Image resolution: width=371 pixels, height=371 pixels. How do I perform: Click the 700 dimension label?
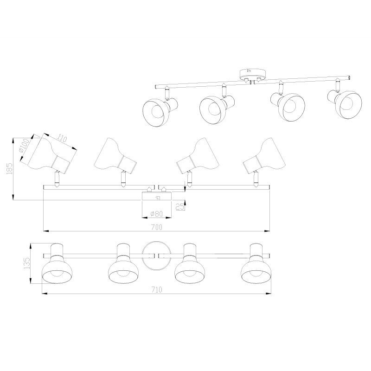(x=157, y=227)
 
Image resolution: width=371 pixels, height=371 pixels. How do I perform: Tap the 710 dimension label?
(x=157, y=289)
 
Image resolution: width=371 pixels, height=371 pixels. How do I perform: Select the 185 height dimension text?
(x=9, y=169)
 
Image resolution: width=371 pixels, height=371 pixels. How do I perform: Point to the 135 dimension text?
(x=27, y=263)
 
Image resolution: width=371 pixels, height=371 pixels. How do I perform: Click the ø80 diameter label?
(x=157, y=214)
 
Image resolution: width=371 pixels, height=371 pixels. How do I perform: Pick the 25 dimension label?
(x=179, y=206)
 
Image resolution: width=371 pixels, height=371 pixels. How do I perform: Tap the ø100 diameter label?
(x=24, y=146)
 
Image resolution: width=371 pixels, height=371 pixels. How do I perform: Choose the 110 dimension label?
(x=62, y=139)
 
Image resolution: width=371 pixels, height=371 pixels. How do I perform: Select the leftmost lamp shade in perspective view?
(x=154, y=112)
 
